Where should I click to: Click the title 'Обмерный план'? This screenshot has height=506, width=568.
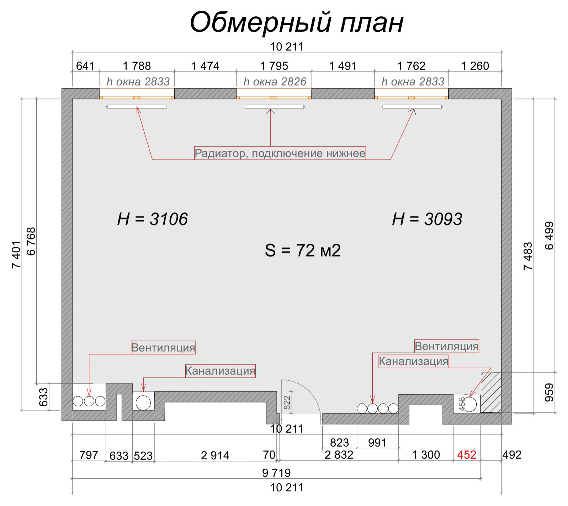coord(297,22)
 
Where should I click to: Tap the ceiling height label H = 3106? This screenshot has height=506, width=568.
coord(152,219)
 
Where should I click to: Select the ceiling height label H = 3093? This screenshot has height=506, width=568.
coord(427,219)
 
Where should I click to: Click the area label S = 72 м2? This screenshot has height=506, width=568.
coord(302,250)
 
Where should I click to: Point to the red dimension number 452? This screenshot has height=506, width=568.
coord(466,454)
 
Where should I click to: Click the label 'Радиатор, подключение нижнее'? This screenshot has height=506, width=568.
coord(280,153)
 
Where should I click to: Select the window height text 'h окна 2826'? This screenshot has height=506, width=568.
coord(275,82)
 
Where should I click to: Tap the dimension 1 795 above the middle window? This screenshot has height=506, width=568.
coord(274,66)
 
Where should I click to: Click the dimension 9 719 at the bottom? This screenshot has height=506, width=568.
coord(276,473)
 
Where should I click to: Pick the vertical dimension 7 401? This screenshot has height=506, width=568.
coord(16,254)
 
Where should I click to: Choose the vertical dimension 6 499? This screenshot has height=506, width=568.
coord(549,236)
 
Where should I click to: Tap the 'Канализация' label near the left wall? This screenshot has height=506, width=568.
coord(220,371)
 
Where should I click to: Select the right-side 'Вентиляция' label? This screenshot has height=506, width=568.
coord(446,346)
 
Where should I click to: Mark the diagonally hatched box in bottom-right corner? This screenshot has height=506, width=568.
coord(491,392)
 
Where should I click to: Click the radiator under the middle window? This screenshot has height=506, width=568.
coord(274,106)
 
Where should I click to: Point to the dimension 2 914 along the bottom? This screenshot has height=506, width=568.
coord(215,455)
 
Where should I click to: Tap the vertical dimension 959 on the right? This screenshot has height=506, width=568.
coord(549,392)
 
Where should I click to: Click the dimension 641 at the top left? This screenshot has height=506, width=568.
coord(85,66)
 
